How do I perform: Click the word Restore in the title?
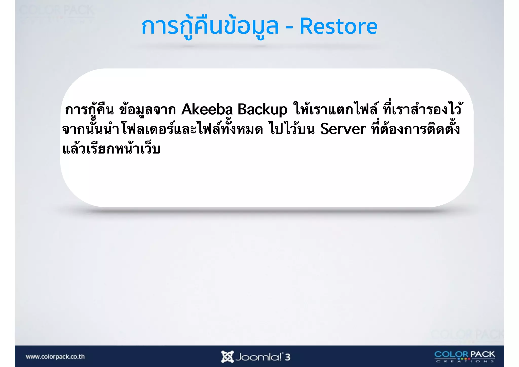coord(338,26)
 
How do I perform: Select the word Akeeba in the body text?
coord(207,110)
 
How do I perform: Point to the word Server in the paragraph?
coord(343,129)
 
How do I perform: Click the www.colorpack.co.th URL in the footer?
coord(55,357)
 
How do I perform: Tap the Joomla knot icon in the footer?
coord(227,357)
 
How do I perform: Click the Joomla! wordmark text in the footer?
coord(258,357)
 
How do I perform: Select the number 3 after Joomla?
coord(288,357)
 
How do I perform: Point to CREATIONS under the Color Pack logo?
coord(465,361)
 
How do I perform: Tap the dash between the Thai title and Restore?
coord(289,28)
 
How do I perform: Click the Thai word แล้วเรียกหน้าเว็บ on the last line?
coord(112,149)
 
